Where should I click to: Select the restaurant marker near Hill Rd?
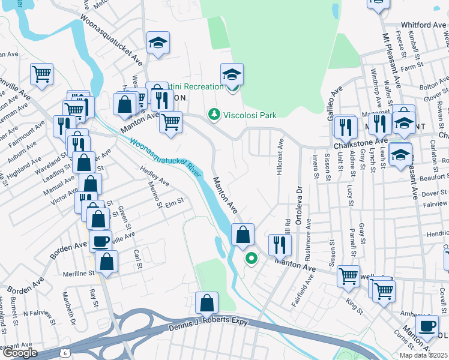coord(280,243)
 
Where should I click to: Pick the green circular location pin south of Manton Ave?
coord(251,259)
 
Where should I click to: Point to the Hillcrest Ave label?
coord(280,158)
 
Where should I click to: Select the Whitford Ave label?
coord(424,25)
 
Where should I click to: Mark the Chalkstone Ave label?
coord(358,146)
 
